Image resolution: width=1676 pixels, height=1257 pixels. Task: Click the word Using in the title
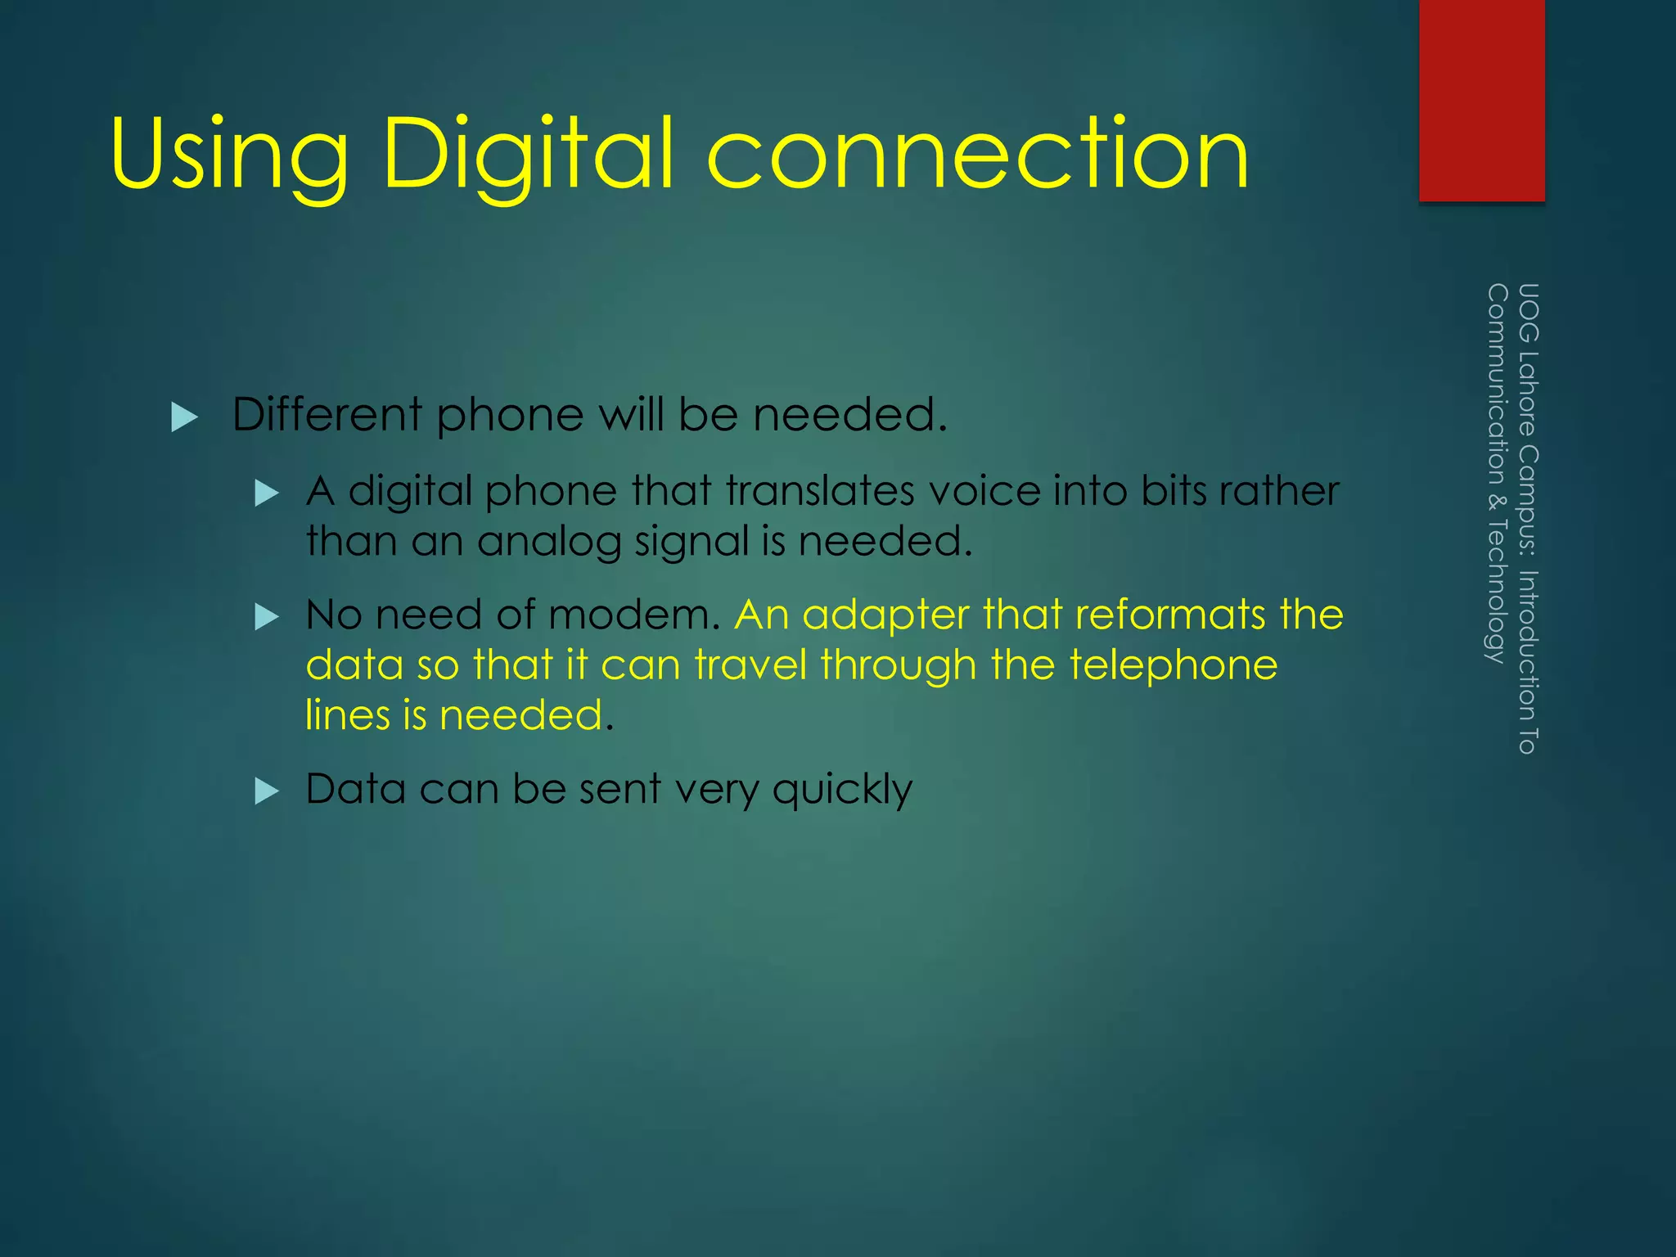(229, 155)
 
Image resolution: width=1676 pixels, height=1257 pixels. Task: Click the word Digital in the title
(528, 155)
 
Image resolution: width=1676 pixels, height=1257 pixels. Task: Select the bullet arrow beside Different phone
(184, 417)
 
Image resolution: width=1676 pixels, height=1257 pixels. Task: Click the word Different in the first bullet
(327, 414)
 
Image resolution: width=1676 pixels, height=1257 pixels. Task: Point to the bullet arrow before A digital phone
(267, 493)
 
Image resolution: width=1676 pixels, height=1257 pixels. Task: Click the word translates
(818, 492)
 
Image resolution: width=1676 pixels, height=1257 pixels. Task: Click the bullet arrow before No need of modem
(267, 616)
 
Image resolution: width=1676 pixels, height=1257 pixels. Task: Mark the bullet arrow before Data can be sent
(267, 791)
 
